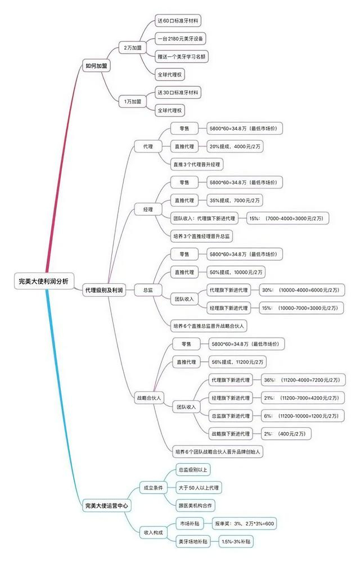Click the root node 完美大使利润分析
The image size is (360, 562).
(43, 281)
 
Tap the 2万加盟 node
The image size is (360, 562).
(132, 48)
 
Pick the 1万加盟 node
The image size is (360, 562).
(132, 101)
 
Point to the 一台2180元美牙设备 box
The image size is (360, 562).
(181, 39)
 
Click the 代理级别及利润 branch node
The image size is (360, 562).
(103, 290)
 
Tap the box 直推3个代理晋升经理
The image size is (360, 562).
(197, 164)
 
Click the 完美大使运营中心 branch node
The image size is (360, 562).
(106, 505)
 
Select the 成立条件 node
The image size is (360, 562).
(154, 487)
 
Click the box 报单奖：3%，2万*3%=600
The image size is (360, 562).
(245, 523)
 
